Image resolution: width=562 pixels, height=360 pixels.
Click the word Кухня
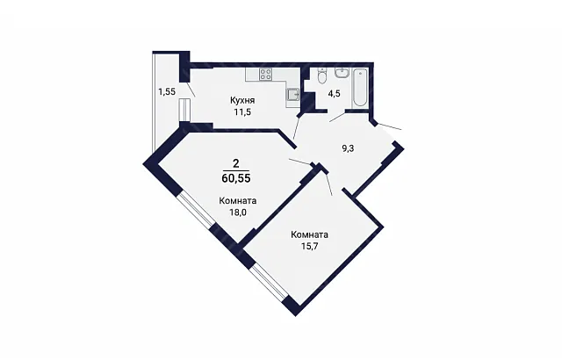242,100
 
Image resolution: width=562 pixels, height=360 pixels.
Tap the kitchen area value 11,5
242,112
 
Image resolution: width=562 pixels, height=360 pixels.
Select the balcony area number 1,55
167,91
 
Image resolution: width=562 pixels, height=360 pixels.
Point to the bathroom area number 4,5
334,94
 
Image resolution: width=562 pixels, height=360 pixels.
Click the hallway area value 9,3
348,148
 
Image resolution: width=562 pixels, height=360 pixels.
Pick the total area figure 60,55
236,178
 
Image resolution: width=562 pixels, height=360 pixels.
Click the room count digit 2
236,163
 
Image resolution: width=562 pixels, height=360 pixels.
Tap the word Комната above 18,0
238,200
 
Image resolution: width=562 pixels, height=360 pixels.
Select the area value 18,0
238,212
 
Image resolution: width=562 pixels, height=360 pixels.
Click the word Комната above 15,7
310,235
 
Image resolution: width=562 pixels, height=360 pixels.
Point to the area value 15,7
310,247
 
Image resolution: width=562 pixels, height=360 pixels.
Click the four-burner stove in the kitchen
265,74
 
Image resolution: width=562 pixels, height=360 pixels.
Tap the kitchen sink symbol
292,94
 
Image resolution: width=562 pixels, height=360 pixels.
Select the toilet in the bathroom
322,76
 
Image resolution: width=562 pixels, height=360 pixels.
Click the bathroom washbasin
342,72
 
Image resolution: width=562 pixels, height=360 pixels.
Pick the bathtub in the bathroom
359,88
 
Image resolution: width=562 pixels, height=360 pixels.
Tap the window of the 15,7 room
270,282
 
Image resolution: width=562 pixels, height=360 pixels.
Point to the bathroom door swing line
337,117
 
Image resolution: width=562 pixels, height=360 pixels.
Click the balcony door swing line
191,90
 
